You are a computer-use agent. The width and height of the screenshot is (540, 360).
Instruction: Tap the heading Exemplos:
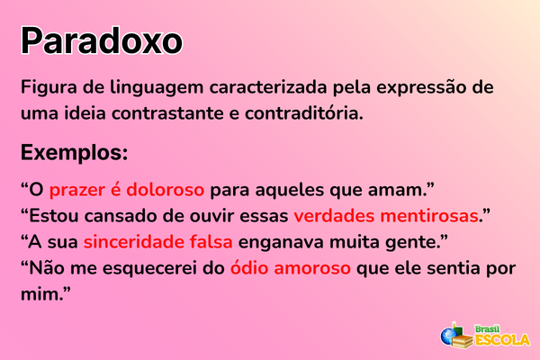pos(75,150)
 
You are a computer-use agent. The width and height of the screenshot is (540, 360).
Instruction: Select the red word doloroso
pos(165,190)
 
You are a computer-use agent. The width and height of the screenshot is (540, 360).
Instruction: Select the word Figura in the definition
pos(49,90)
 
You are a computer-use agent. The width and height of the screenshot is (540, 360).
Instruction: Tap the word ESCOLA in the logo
pos(502,338)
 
